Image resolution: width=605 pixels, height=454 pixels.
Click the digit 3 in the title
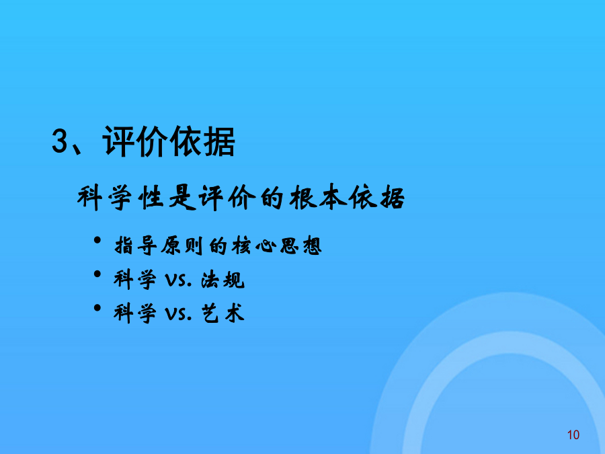click(60, 141)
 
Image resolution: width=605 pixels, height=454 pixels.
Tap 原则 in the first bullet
click(182, 245)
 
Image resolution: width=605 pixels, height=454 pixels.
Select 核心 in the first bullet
click(254, 245)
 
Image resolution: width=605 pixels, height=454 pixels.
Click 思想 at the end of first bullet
click(301, 245)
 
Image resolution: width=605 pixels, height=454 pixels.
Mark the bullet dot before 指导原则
click(97, 241)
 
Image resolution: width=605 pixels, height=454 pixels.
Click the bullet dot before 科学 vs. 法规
click(97, 274)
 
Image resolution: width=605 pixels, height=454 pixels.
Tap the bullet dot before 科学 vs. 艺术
click(97, 307)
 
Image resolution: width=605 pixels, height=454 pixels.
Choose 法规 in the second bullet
click(223, 280)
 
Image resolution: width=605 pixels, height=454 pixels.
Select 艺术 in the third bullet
click(223, 313)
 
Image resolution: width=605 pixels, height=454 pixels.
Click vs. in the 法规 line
click(178, 280)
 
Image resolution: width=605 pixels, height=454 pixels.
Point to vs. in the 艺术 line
click(178, 314)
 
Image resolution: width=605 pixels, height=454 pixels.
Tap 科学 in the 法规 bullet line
click(135, 280)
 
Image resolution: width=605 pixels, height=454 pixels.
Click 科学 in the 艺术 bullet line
click(135, 313)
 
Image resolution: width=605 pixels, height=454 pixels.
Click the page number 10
click(573, 435)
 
